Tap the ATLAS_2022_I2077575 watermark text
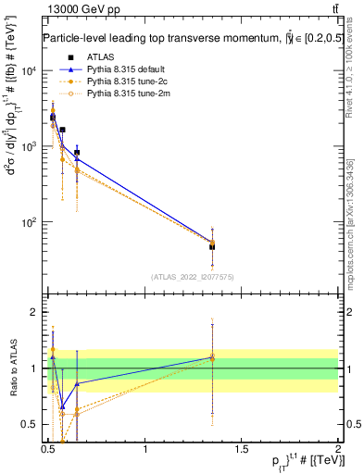coord(192,276)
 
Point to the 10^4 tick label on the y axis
coord(30,71)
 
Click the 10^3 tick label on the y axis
coord(30,147)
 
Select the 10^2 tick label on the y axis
coord(30,223)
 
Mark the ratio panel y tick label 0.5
coord(30,425)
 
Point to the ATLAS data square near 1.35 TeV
coord(212,246)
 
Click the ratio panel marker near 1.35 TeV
coord(212,356)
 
